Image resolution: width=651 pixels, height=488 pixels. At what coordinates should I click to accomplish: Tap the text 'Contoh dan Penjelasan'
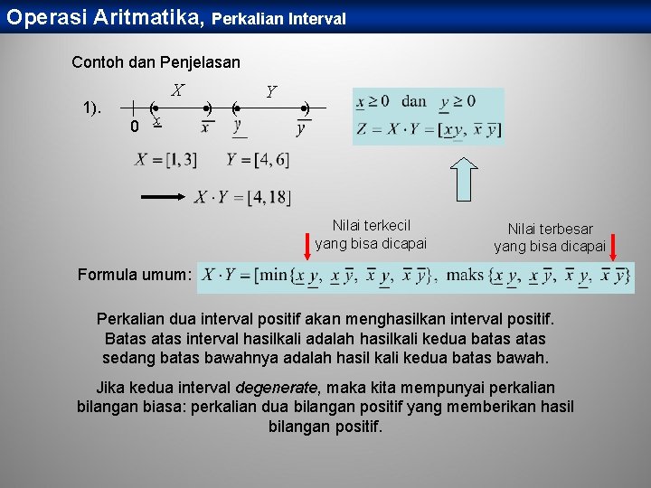click(156, 62)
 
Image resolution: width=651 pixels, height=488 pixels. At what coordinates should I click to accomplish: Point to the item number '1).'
click(92, 108)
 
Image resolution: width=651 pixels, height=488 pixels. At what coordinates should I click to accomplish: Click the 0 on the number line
click(134, 127)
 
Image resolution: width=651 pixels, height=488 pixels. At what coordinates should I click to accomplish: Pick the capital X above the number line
click(178, 90)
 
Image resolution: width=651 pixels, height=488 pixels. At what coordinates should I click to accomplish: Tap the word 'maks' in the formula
click(466, 276)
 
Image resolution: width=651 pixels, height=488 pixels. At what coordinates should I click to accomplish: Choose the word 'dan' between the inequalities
click(413, 100)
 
